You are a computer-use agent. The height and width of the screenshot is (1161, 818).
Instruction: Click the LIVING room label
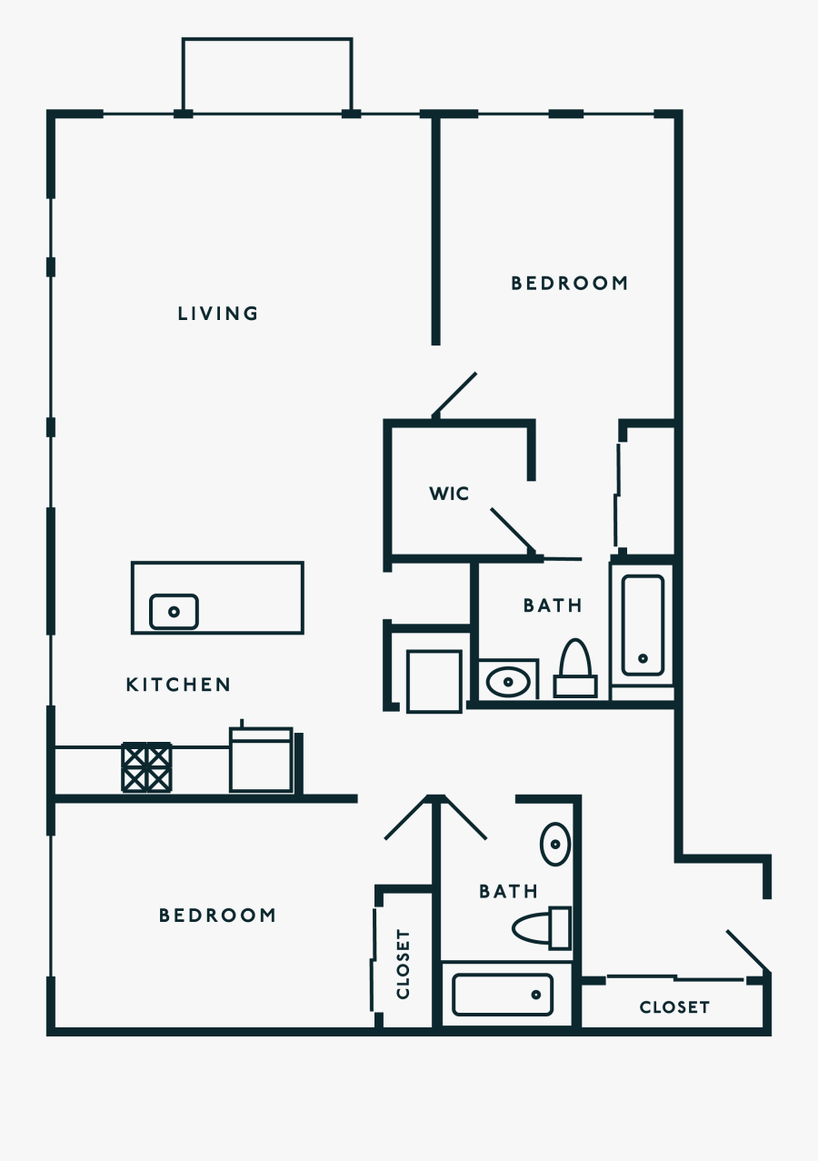pyautogui.click(x=218, y=314)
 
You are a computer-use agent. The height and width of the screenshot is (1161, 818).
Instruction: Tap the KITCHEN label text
pyautogui.click(x=178, y=685)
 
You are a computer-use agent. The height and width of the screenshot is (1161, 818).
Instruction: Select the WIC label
pyautogui.click(x=449, y=494)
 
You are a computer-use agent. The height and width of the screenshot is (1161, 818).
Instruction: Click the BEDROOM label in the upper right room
pyautogui.click(x=569, y=284)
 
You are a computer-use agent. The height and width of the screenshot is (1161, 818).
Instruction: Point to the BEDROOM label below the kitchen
pyautogui.click(x=217, y=916)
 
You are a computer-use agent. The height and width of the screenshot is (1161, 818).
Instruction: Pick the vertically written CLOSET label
pyautogui.click(x=404, y=964)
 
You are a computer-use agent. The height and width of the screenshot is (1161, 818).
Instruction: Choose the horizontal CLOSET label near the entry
pyautogui.click(x=673, y=1007)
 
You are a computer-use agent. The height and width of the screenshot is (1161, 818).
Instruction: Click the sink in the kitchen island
pyautogui.click(x=174, y=611)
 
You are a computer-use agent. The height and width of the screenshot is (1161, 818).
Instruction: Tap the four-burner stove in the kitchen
pyautogui.click(x=146, y=766)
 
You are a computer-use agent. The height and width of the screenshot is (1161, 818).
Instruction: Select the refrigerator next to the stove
pyautogui.click(x=261, y=759)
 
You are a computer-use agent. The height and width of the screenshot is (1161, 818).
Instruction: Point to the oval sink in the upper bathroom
pyautogui.click(x=508, y=681)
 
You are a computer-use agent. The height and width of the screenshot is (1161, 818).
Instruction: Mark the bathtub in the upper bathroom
pyautogui.click(x=643, y=626)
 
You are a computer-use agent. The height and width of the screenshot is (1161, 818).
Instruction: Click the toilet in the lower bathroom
pyautogui.click(x=542, y=928)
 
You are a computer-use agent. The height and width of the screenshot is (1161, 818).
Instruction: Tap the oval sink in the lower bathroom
pyautogui.click(x=555, y=844)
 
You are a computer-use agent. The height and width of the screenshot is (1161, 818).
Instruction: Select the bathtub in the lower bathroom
pyautogui.click(x=503, y=995)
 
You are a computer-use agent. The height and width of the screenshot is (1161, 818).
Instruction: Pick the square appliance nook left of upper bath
pyautogui.click(x=434, y=681)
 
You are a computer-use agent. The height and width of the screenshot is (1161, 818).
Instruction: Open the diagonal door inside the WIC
pyautogui.click(x=512, y=531)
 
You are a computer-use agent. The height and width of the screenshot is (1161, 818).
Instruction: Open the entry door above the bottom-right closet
pyautogui.click(x=748, y=950)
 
